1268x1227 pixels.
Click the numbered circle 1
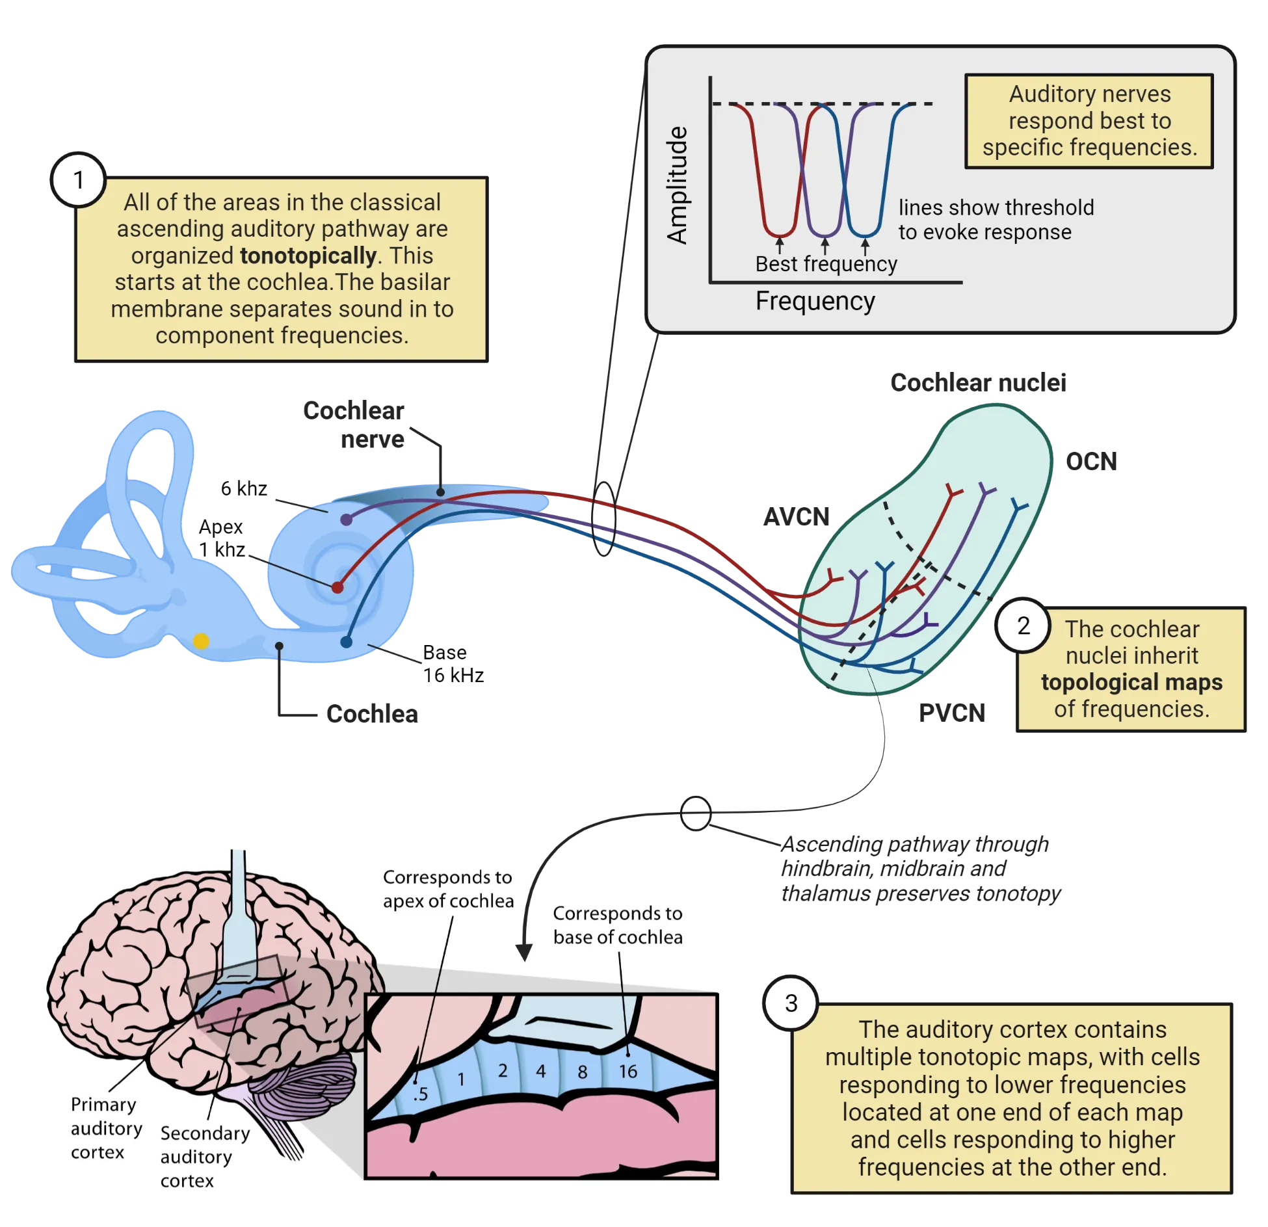coord(79,180)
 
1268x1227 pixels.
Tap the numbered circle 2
coord(1024,626)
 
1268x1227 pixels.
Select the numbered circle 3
coord(791,1003)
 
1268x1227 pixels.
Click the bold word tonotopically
coord(308,256)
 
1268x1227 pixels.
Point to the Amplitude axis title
coord(678,185)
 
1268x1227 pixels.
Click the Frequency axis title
coord(815,301)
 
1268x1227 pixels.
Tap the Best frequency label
coord(826,264)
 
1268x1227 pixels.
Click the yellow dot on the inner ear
coord(201,641)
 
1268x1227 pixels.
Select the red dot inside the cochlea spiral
coord(337,587)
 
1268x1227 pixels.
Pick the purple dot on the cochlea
coord(347,519)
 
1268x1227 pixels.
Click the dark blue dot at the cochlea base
coord(346,642)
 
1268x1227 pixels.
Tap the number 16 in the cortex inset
coord(627,1071)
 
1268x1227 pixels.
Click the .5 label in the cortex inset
coord(421,1094)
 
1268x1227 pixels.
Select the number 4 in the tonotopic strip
coord(540,1070)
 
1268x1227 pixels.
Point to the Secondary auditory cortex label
coord(204,1156)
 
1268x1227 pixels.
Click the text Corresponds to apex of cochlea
coord(447,889)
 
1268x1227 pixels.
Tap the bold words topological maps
coord(1131,682)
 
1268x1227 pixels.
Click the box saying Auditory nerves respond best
coord(1089,121)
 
